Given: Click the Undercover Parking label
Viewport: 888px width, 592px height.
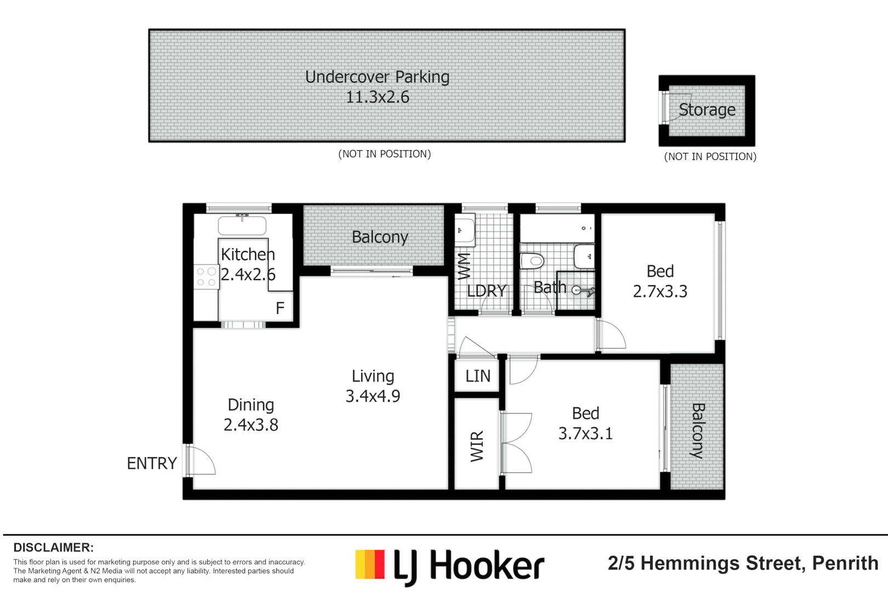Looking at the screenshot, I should tap(377, 77).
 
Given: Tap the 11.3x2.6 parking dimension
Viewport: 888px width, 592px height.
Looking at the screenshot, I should tap(377, 97).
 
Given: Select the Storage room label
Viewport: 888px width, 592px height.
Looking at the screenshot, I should tap(707, 110).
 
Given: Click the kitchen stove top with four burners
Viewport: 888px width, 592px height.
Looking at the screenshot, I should tap(206, 277).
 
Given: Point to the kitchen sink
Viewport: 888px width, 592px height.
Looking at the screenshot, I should tap(242, 225).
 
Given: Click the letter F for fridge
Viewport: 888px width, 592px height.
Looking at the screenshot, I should tap(280, 309).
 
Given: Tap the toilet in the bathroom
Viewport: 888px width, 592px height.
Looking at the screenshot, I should tap(531, 260).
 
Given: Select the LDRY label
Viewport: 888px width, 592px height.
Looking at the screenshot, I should tap(486, 291).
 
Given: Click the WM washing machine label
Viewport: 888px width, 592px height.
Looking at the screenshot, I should tap(464, 266).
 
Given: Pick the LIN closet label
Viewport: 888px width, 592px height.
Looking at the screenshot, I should tap(477, 376).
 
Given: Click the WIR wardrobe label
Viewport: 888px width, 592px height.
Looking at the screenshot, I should tap(477, 446).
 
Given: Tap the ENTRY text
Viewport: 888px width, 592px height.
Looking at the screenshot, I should tap(152, 464).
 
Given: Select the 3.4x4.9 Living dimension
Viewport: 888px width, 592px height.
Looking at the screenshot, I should tap(373, 396).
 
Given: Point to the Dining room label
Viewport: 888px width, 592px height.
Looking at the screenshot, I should tap(251, 405).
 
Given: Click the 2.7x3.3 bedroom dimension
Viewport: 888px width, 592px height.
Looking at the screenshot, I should tap(660, 292).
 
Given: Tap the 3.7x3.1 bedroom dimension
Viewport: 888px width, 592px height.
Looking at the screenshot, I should tap(585, 434).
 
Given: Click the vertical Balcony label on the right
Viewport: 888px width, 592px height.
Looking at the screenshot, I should tap(697, 431).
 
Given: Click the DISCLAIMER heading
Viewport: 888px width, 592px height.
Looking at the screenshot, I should tap(53, 548).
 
